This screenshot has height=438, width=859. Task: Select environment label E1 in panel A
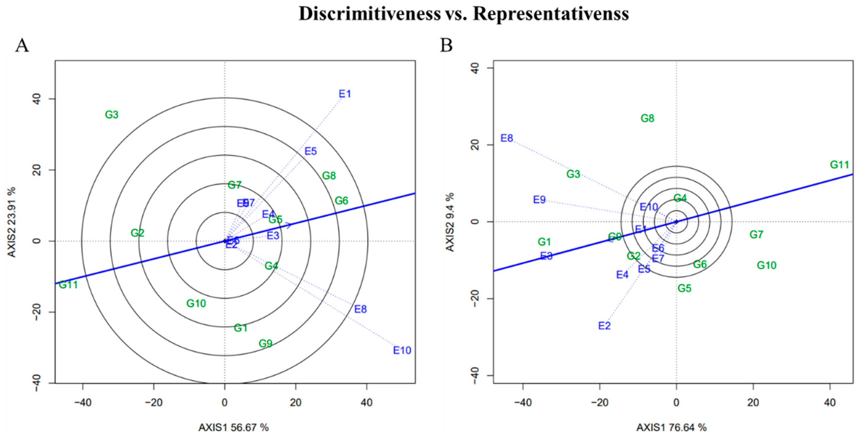(345, 94)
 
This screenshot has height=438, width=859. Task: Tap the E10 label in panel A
(402, 350)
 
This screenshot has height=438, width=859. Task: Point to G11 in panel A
(68, 285)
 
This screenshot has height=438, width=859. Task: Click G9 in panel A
(265, 343)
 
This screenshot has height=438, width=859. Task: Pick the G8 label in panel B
(647, 118)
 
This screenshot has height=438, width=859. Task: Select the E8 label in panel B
(507, 138)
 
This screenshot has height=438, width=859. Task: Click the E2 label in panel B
(604, 326)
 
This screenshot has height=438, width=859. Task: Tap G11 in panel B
(839, 165)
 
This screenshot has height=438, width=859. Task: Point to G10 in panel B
(766, 265)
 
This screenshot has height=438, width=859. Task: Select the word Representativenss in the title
(551, 14)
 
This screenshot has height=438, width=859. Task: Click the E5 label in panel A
(311, 151)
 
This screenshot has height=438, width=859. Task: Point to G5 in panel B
(684, 288)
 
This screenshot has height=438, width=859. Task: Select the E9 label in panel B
(539, 200)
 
